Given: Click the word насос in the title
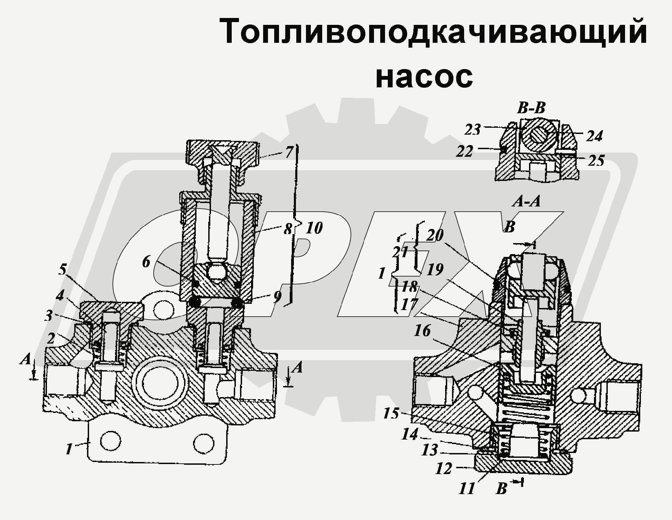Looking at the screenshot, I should pyautogui.click(x=424, y=77).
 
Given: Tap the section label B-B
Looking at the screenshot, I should pyautogui.click(x=531, y=108).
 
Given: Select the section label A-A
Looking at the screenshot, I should pyautogui.click(x=526, y=201).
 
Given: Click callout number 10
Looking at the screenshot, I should pyautogui.click(x=314, y=228).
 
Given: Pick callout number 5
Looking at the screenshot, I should pyautogui.click(x=62, y=269).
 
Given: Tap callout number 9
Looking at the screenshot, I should pyautogui.click(x=277, y=297).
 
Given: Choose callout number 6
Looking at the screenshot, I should pyautogui.click(x=146, y=262).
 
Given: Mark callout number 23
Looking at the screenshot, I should pyautogui.click(x=472, y=130).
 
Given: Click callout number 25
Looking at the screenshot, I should pyautogui.click(x=596, y=161).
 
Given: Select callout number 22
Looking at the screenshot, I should pyautogui.click(x=464, y=151).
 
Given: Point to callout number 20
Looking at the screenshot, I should pyautogui.click(x=434, y=235).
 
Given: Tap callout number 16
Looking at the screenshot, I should pyautogui.click(x=422, y=331).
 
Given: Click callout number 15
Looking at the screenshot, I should pyautogui.click(x=391, y=413).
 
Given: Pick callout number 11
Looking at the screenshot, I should pyautogui.click(x=467, y=489).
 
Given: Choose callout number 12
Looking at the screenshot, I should pyautogui.click(x=444, y=469).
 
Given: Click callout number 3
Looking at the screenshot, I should pyautogui.click(x=49, y=315).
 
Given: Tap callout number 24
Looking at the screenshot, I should pyautogui.click(x=594, y=136).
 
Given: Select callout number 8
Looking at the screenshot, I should pyautogui.click(x=288, y=229).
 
